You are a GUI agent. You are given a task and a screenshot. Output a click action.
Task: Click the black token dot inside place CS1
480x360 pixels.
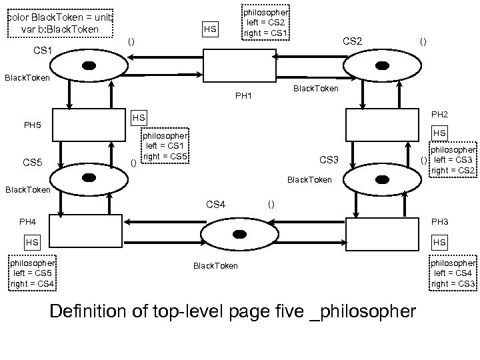89,65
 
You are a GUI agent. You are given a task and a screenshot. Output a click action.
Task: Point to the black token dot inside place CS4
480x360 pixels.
239,233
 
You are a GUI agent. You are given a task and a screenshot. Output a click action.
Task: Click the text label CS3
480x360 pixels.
329,159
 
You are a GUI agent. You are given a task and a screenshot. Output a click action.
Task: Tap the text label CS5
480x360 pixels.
33,162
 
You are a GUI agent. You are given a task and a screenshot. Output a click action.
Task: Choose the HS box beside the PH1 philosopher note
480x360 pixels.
209,29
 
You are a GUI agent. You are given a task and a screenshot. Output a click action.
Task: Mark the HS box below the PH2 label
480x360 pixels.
440,133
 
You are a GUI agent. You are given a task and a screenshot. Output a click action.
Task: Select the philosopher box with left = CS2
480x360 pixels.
265,23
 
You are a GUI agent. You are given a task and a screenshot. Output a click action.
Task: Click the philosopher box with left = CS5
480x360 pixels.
32,273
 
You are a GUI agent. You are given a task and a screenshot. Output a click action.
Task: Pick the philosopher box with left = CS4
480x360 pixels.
453,273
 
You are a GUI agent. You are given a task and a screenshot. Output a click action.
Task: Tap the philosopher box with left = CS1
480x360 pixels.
165,145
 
